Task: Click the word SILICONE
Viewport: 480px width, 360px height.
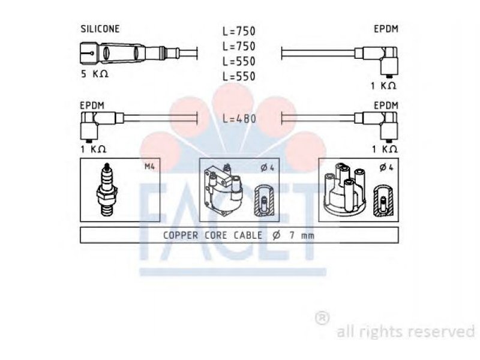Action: click(101, 29)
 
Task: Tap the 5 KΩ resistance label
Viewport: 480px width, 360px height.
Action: click(95, 74)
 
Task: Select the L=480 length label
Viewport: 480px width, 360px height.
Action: click(239, 119)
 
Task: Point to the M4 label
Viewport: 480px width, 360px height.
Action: click(149, 166)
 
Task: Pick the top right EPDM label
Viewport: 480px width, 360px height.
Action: click(387, 29)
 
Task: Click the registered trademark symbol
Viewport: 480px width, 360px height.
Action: click(322, 318)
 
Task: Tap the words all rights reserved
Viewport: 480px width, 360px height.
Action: click(405, 331)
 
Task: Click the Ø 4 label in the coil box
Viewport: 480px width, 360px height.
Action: click(268, 167)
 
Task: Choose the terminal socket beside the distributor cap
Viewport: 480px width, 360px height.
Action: click(383, 200)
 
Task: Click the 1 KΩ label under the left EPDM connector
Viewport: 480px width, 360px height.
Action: click(94, 148)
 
